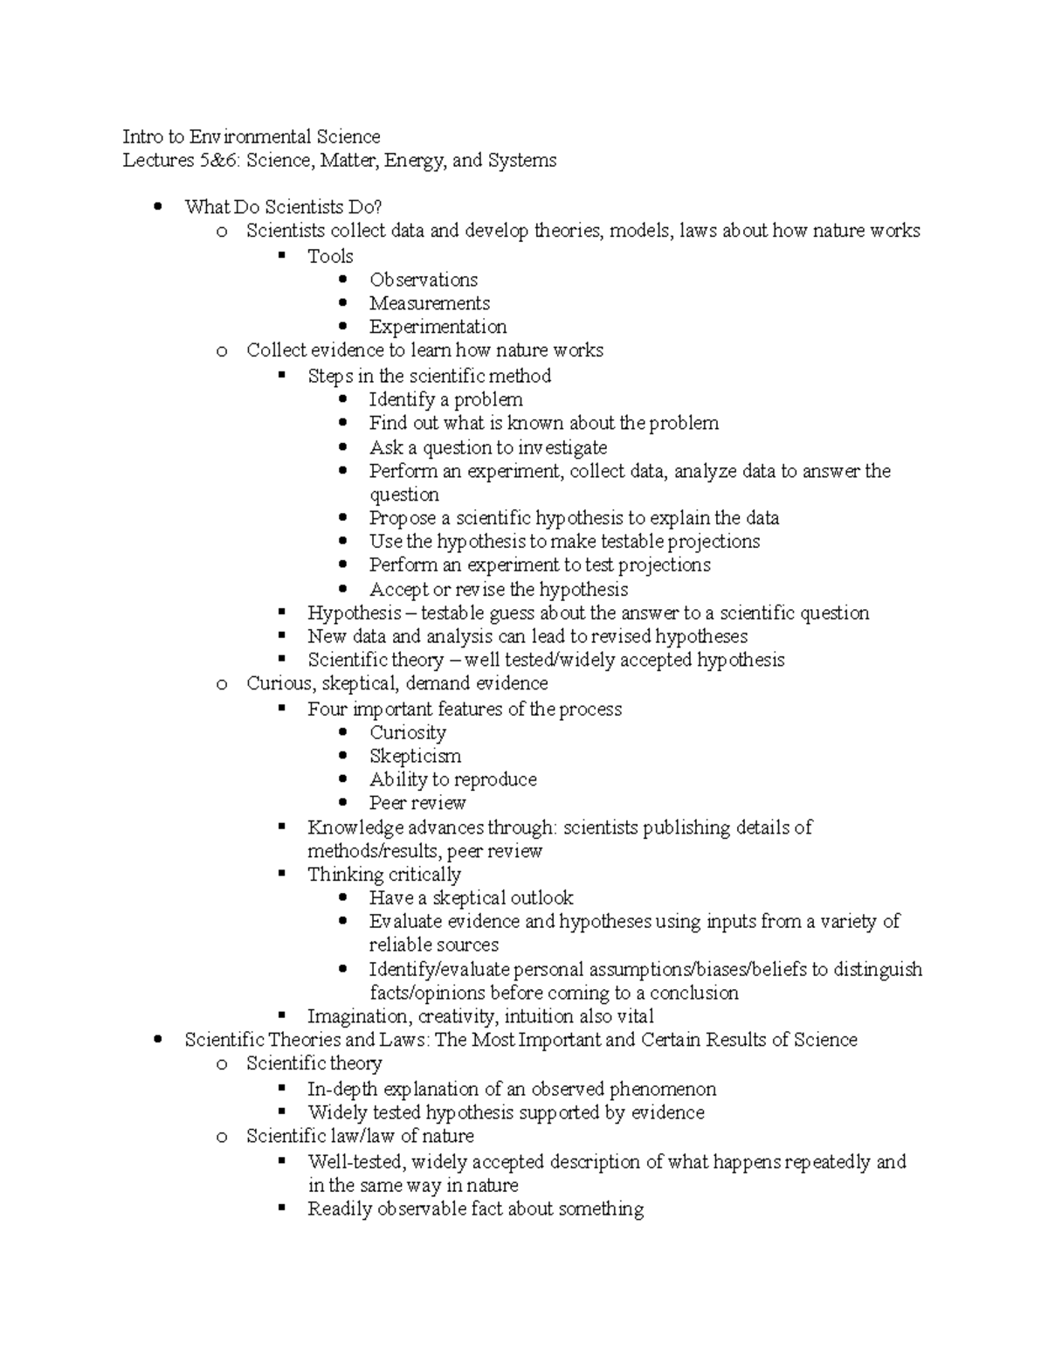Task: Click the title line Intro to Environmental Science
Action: (x=251, y=136)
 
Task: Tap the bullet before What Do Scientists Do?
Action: (x=158, y=207)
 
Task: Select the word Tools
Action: (x=330, y=256)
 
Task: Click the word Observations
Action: (x=423, y=280)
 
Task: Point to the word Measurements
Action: (x=429, y=303)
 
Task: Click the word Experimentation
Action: (x=438, y=327)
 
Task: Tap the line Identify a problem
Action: (x=445, y=399)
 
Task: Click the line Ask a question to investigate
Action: (x=487, y=447)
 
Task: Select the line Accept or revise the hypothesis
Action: (x=498, y=589)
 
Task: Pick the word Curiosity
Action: (x=407, y=732)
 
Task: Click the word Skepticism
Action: (x=415, y=756)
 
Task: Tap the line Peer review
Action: (x=417, y=802)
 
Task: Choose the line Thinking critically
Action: (x=383, y=874)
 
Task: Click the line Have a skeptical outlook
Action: (x=471, y=897)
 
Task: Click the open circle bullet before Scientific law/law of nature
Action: (x=221, y=1137)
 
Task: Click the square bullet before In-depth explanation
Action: (x=281, y=1089)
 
